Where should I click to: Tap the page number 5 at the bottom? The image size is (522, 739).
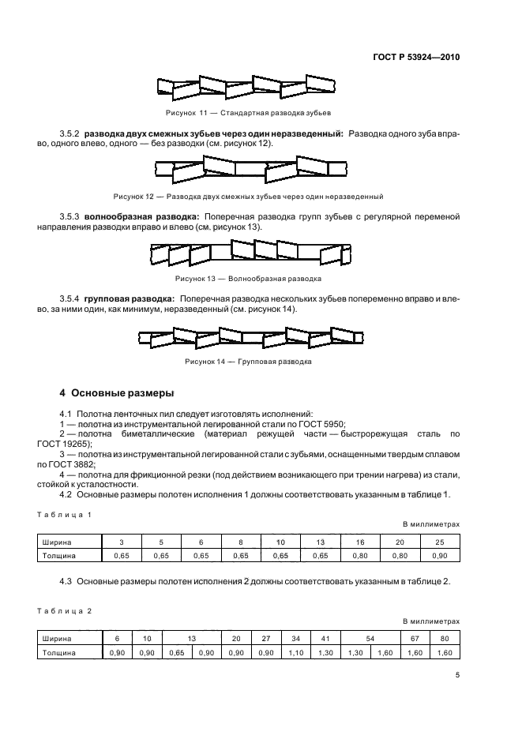pos(457,674)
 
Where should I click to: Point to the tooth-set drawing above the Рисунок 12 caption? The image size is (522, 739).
pos(251,168)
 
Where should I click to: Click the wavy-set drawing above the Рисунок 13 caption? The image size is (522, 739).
pos(251,253)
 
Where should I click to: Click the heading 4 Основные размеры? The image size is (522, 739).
pos(117,392)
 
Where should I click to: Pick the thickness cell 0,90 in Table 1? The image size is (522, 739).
pos(440,556)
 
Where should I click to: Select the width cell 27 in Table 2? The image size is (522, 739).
pos(265,640)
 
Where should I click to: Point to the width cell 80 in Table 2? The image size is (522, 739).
pos(444,640)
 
